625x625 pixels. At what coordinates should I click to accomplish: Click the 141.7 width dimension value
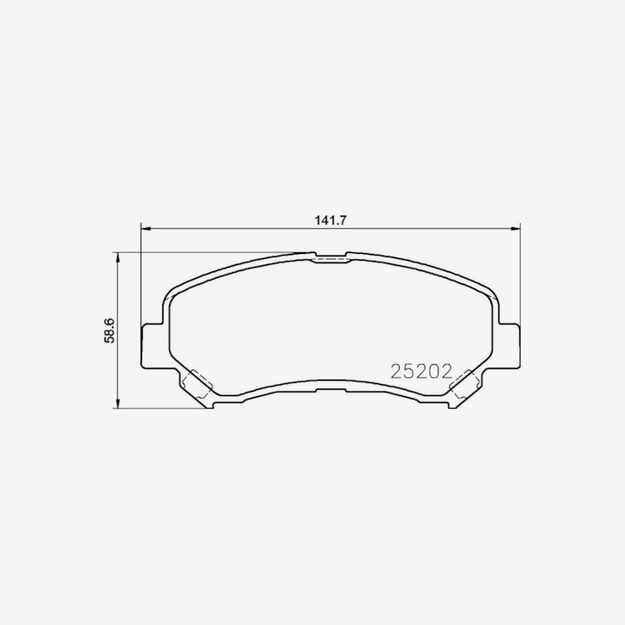click(x=330, y=220)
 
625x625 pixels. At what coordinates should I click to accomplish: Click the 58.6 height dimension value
click(x=109, y=330)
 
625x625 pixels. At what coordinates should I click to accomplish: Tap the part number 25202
click(x=422, y=372)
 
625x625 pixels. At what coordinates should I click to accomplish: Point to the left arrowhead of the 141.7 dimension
click(x=146, y=228)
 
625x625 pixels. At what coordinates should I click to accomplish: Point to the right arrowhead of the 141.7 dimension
click(x=516, y=228)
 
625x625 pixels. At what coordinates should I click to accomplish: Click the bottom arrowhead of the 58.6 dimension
click(x=117, y=403)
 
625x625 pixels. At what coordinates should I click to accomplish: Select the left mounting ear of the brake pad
click(x=152, y=346)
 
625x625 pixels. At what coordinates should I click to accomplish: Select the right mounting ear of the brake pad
click(x=510, y=346)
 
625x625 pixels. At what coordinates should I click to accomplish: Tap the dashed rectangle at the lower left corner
click(x=197, y=384)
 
